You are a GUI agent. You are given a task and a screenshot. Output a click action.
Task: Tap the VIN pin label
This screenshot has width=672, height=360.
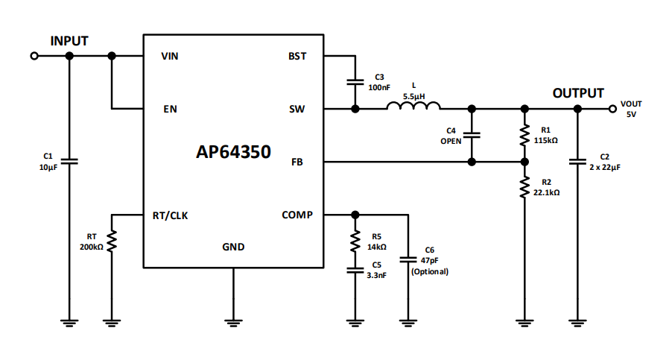170,56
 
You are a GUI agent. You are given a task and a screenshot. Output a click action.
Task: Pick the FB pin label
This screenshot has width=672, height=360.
306,162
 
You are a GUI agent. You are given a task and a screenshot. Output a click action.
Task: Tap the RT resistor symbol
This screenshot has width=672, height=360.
112,241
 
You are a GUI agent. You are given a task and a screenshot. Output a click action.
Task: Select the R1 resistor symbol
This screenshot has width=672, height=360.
524,135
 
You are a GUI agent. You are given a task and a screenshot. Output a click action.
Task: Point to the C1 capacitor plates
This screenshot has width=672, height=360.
69,161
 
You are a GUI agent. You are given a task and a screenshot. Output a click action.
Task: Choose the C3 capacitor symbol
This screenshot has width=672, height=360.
355,82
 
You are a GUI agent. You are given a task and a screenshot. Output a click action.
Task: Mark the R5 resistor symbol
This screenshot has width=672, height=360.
355,241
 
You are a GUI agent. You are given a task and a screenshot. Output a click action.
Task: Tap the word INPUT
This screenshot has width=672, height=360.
69,40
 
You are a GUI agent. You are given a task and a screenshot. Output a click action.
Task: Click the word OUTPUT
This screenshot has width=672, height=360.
578,93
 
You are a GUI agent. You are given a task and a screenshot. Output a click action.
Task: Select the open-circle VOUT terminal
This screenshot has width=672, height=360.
612,109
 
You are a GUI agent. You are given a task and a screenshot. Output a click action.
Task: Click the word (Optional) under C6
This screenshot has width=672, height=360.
430,272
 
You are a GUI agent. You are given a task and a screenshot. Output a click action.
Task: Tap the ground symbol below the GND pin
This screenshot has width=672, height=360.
233,322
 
